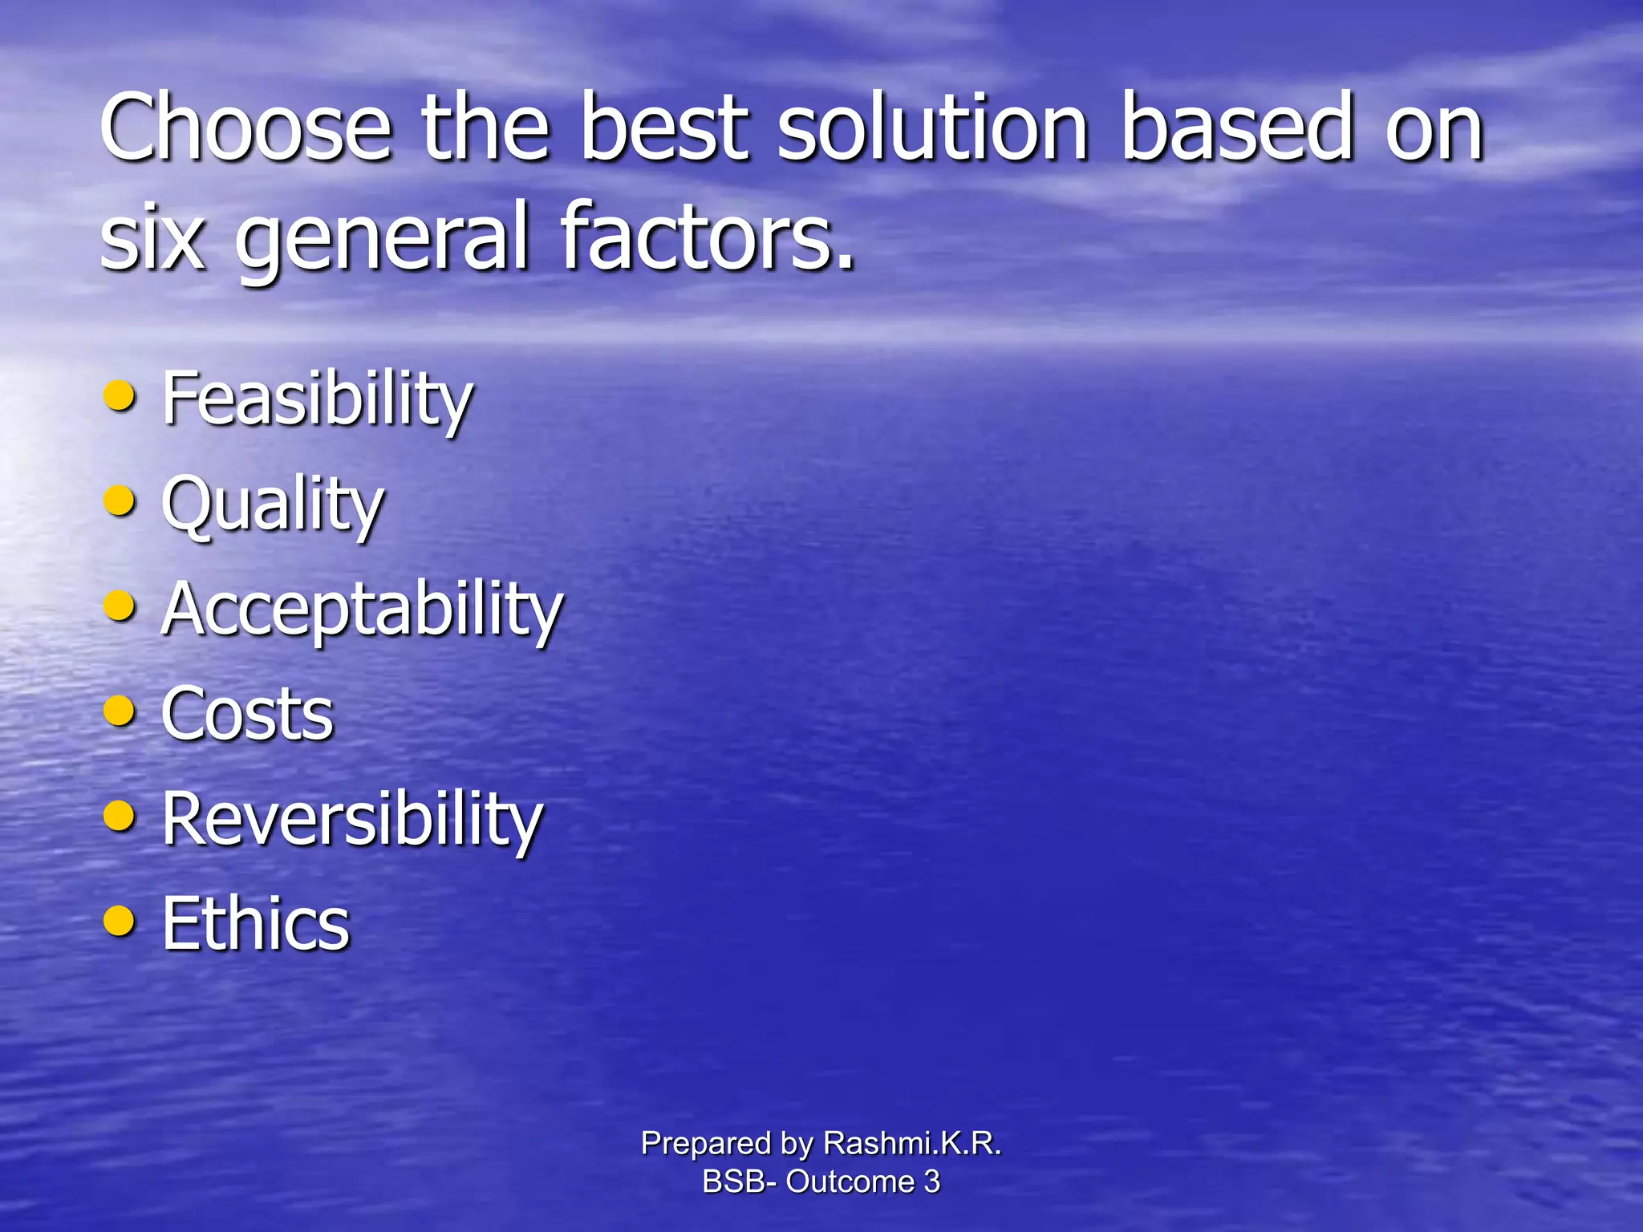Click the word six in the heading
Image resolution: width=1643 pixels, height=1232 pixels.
152,237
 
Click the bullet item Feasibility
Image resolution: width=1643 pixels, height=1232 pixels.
318,399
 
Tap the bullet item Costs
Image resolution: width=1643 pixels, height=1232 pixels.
247,714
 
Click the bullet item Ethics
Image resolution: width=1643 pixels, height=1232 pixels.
256,924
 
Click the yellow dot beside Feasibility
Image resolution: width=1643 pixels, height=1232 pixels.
120,395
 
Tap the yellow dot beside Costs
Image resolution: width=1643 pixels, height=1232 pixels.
120,711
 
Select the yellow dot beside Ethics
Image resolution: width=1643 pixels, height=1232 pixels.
120,921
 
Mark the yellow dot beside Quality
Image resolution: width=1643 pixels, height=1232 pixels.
120,500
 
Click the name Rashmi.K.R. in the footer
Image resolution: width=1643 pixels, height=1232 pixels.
912,1143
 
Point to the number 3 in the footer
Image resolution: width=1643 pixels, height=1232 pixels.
931,1181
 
